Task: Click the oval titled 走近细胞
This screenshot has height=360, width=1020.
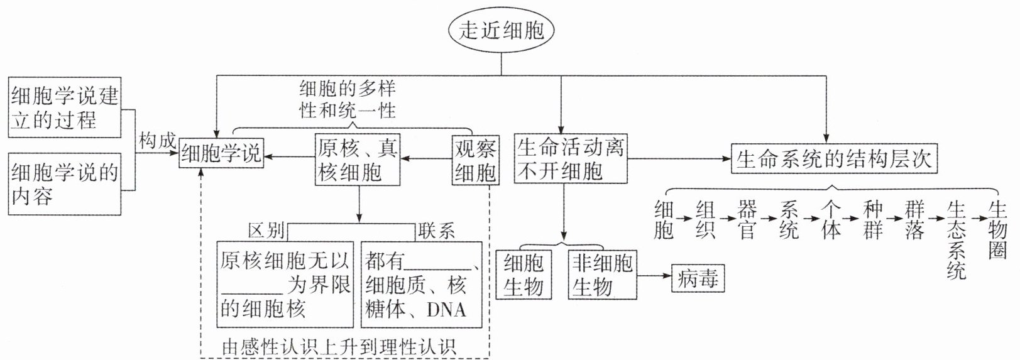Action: pos(501,30)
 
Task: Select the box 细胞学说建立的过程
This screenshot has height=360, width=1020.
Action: pos(65,107)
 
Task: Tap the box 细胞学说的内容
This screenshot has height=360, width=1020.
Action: pos(65,183)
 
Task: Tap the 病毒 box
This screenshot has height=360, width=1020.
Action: pos(698,278)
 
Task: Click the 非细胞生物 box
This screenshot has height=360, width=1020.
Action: pos(601,275)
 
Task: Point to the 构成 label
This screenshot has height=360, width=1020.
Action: pos(157,141)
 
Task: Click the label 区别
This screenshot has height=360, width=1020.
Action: pos(266,231)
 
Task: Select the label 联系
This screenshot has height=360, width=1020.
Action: pos(436,231)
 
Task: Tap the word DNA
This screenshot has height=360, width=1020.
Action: pos(446,309)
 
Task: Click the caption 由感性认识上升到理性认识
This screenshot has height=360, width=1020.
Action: pos(339,347)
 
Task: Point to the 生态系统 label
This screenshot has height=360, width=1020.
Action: pos(956,239)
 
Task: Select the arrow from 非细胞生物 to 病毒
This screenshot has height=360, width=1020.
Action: pos(654,275)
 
